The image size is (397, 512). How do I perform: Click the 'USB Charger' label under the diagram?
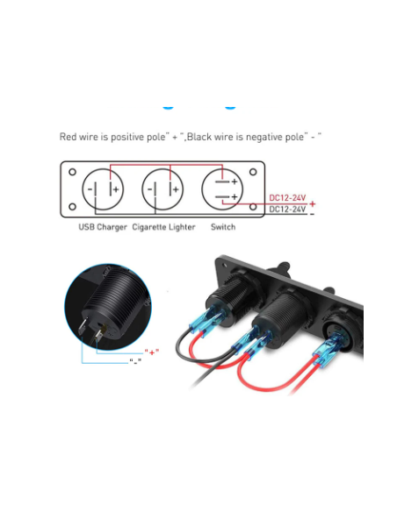tap(103, 228)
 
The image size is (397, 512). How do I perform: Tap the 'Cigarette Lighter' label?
tap(163, 228)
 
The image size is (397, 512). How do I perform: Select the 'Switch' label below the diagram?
tap(223, 228)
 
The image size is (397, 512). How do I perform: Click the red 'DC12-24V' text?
tap(287, 198)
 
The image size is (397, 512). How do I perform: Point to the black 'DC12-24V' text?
tap(287, 210)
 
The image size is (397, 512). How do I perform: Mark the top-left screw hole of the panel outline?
tap(72, 172)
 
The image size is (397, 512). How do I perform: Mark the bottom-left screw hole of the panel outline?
tap(72, 208)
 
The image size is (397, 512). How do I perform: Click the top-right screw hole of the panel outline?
tap(252, 172)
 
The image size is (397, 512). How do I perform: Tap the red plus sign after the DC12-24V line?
tap(312, 204)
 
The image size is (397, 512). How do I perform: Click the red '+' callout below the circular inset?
tap(154, 352)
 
